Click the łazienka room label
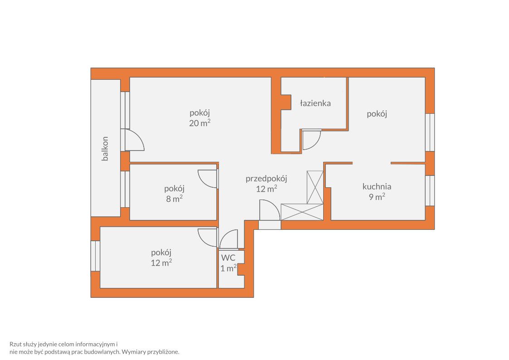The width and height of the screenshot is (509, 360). [x=315, y=103]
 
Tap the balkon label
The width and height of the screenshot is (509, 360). [x=105, y=149]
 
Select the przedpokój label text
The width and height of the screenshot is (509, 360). [x=266, y=179]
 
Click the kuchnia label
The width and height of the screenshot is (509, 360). [x=377, y=186]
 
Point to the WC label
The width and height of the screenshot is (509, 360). [x=228, y=258]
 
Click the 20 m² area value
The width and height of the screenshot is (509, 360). [x=199, y=123]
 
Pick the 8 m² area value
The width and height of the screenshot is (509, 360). [x=175, y=199]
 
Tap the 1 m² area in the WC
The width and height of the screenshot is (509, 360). [x=228, y=268]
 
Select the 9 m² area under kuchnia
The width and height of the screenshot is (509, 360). [x=377, y=196]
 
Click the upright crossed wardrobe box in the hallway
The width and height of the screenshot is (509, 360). [x=315, y=187]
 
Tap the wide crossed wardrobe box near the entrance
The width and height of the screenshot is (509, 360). [x=302, y=212]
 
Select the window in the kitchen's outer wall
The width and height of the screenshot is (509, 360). [x=430, y=190]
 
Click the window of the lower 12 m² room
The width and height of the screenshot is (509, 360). [x=96, y=256]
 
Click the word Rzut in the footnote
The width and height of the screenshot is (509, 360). [x=15, y=344]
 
